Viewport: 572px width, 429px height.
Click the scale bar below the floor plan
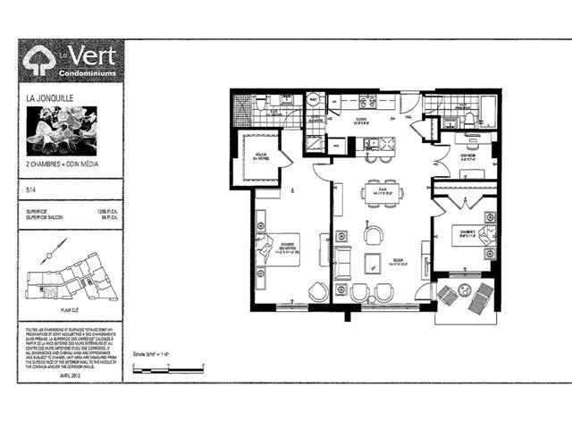click(170, 366)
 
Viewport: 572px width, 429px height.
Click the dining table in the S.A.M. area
click(382, 193)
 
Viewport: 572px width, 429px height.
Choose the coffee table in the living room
click(371, 262)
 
